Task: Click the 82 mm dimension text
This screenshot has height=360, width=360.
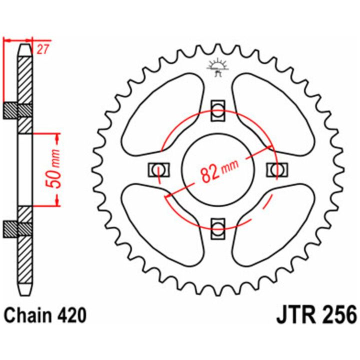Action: click(219, 171)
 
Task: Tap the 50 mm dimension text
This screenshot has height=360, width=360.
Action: click(55, 169)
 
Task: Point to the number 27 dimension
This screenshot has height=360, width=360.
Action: click(42, 49)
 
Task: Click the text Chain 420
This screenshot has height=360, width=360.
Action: click(45, 315)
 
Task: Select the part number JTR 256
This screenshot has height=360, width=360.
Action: click(316, 315)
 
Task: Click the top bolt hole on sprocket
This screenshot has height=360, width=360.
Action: click(217, 110)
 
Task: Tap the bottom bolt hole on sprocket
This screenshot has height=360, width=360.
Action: click(217, 228)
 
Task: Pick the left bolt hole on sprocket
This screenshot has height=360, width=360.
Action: click(159, 169)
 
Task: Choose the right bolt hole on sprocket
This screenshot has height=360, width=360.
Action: click(277, 169)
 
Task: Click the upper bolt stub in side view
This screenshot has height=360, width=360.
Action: click(10, 110)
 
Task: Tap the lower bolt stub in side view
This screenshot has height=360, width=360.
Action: click(10, 229)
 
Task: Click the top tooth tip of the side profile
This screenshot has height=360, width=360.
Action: click(25, 44)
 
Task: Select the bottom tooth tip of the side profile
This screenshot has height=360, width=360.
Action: click(25, 295)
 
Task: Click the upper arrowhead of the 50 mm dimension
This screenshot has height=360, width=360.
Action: click(57, 139)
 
